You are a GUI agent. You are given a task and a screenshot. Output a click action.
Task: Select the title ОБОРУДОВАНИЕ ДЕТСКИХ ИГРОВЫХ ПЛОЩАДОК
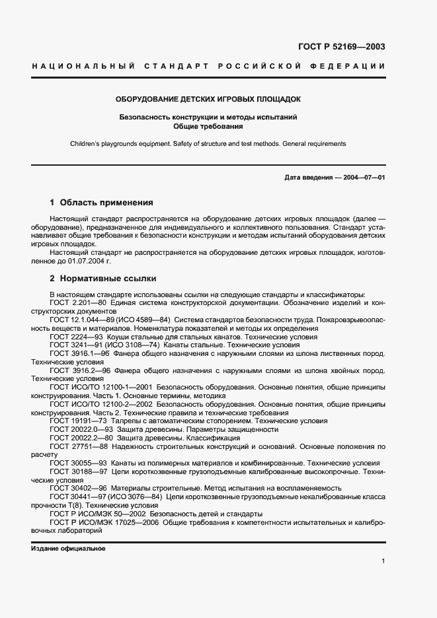point(208,99)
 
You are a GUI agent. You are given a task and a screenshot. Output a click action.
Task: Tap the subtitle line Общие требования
point(208,125)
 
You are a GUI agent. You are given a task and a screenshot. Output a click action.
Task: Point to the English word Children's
point(86,143)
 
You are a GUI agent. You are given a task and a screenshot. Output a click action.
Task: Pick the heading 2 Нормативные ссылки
point(103,279)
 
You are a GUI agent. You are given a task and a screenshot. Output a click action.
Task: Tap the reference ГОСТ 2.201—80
point(75,302)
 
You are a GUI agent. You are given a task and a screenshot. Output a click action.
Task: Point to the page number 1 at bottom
point(383,561)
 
